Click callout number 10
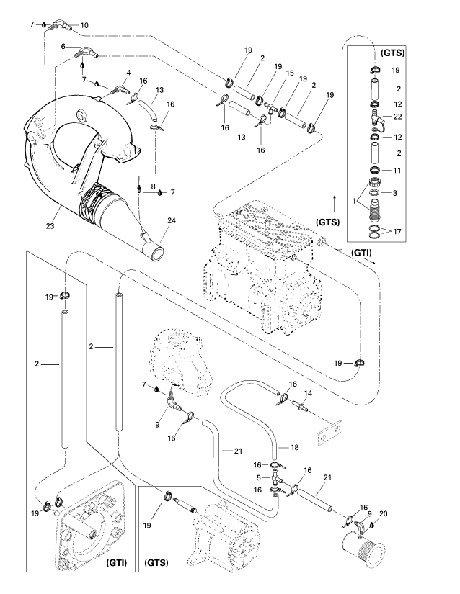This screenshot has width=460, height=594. (x=84, y=26)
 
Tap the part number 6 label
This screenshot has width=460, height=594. (x=63, y=47)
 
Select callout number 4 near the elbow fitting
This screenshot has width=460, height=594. (x=128, y=73)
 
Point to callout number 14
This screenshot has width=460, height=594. (x=307, y=393)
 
